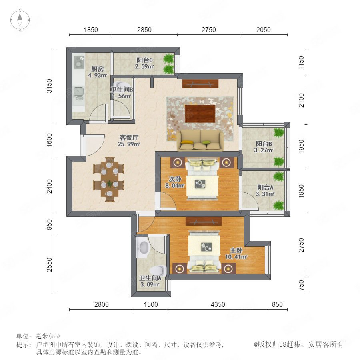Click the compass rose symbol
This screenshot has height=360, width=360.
coord(20,20)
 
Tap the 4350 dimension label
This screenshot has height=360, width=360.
coord(218,304)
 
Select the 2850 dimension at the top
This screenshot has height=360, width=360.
coord(144,30)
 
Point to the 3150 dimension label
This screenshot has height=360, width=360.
coord(49,86)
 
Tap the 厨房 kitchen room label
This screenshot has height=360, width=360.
coord(98,69)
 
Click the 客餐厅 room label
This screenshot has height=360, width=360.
coord(129,138)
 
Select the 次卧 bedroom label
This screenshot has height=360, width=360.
coord(175,179)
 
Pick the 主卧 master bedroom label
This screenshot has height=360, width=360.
coord(236,250)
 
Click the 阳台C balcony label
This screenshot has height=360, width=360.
coord(145,60)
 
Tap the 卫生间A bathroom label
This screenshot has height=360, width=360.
coord(150,278)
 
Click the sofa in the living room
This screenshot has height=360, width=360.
coord(200,140)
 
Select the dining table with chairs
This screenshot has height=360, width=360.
coord(108,180)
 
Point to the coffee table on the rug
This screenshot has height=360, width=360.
coord(200,114)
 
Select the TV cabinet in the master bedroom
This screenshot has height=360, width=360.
coord(204,221)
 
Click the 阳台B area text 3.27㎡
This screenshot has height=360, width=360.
coord(264,150)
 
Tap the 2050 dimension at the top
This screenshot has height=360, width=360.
coord(263,30)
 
